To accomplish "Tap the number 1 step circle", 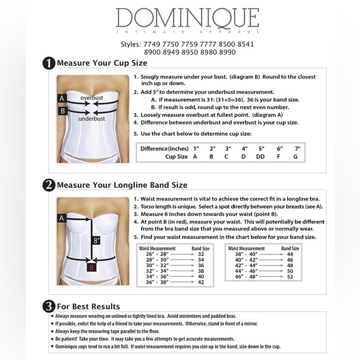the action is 48,62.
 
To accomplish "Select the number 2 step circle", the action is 48,184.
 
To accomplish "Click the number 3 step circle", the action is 48,306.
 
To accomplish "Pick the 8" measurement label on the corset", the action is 96,240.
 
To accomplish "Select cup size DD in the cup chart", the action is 261,157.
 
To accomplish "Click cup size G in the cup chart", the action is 295,157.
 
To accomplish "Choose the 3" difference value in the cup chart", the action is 228,149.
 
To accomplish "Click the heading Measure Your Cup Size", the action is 102,63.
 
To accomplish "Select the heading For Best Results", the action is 88,307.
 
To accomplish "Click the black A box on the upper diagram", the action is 61,98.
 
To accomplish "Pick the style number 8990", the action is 227,52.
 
